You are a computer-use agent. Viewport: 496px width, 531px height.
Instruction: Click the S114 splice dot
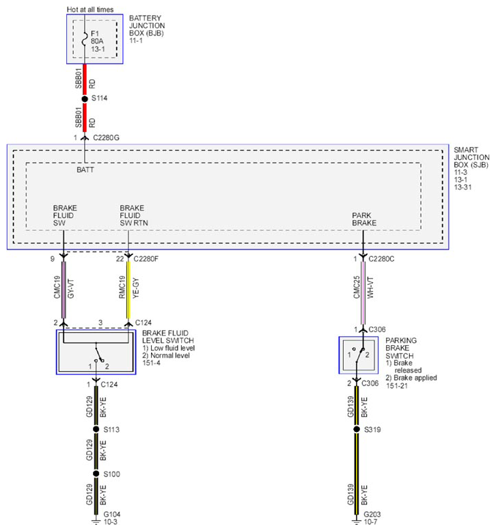pos(85,99)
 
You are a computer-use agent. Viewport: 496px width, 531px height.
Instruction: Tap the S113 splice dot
pos(96,429)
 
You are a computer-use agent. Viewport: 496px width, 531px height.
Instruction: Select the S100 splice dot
pos(96,474)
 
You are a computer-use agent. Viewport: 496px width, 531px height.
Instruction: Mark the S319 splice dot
pos(357,429)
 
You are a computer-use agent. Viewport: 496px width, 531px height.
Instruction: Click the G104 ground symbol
pos(96,522)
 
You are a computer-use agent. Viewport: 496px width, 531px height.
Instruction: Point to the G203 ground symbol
pos(357,522)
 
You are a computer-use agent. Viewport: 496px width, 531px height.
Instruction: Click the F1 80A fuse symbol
pos(85,39)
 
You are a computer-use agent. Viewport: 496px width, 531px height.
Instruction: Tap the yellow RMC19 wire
pos(128,290)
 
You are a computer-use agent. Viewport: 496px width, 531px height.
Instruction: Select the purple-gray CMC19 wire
pos(64,290)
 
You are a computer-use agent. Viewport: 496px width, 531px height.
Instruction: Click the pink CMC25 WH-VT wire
pos(363,293)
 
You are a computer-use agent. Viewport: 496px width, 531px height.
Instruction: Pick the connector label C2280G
pos(107,138)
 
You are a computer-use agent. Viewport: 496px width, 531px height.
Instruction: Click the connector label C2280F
pos(146,259)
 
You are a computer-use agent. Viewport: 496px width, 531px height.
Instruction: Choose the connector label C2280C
pos(381,259)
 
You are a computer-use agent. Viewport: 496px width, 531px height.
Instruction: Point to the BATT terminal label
pos(85,169)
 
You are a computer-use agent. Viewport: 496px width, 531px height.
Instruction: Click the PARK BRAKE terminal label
pos(364,219)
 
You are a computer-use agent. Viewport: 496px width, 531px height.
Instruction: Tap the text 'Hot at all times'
pos(90,10)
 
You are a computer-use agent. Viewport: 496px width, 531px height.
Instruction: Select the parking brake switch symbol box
pos(359,355)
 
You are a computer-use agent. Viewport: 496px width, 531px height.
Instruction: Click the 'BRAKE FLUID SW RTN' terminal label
pos(134,215)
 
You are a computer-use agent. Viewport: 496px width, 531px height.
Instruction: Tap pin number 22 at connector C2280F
pos(120,259)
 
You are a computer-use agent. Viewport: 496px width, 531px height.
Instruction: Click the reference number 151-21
pos(397,385)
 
